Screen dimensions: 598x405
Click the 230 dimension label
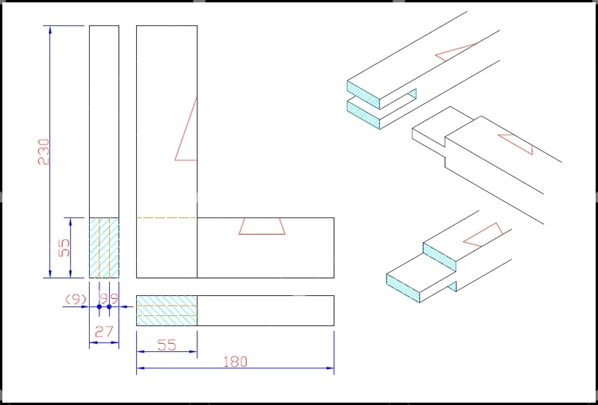(x=44, y=152)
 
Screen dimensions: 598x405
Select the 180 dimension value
(x=235, y=362)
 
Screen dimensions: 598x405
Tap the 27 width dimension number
(x=104, y=332)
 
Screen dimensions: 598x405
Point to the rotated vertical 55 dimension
(x=64, y=247)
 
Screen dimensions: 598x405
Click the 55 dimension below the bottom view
(x=167, y=345)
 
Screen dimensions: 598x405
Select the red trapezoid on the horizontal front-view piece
(x=262, y=226)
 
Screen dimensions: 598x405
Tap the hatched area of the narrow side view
(x=104, y=248)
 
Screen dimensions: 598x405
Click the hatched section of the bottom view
(x=167, y=310)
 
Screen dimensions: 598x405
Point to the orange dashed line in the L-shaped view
(x=167, y=217)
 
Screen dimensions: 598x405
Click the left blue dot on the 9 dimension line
(x=99, y=306)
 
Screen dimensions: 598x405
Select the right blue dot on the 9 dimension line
(x=109, y=306)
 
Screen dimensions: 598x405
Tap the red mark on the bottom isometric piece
(x=483, y=235)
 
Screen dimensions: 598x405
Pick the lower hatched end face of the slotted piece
(x=363, y=114)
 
